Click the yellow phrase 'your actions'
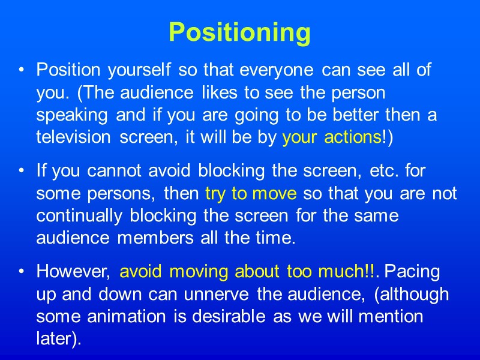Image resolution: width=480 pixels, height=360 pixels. (331, 138)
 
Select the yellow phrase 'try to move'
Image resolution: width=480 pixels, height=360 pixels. (251, 194)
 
